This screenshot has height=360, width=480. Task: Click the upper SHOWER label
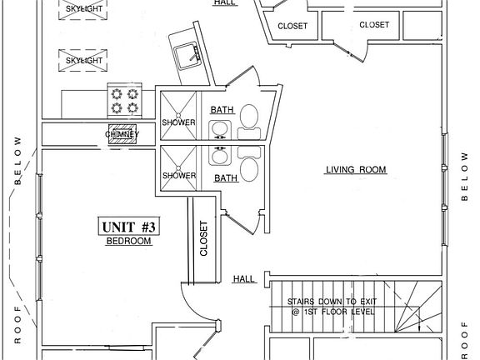tap(178, 122)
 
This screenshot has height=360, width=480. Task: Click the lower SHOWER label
tap(178, 176)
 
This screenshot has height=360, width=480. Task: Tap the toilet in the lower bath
tap(249, 167)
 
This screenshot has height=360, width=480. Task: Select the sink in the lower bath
tap(220, 155)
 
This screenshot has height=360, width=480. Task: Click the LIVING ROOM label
tap(356, 170)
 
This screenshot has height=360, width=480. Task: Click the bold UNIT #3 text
tap(128, 227)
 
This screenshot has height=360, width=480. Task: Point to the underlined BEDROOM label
tap(128, 242)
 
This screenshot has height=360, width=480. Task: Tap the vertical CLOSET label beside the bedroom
tap(203, 238)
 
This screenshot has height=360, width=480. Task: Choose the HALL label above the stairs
tap(243, 278)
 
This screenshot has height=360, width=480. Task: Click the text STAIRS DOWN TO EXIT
tap(331, 302)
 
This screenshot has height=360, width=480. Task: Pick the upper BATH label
tap(222, 110)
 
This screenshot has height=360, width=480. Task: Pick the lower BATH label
tap(226, 178)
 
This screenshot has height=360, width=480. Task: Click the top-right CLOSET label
tap(374, 25)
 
